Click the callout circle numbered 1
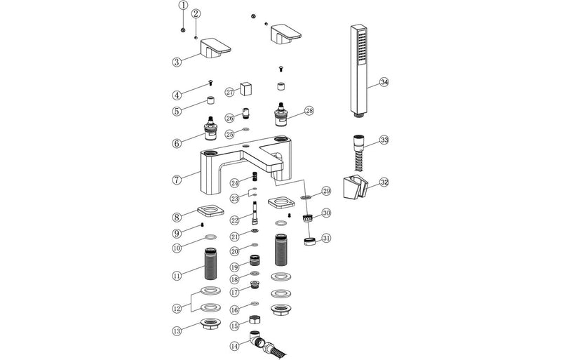[x=183, y=6]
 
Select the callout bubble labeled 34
[x=384, y=81]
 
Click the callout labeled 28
[x=309, y=111]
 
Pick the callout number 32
[x=384, y=182]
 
